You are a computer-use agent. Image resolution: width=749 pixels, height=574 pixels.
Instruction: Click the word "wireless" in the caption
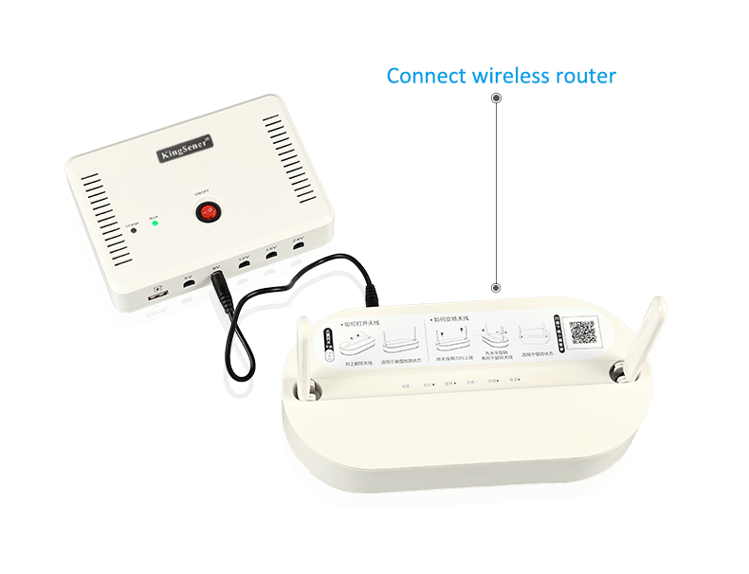tap(510, 76)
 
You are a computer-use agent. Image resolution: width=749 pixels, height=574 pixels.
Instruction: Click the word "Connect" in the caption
tap(426, 76)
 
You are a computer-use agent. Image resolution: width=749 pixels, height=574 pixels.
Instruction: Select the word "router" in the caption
tap(588, 76)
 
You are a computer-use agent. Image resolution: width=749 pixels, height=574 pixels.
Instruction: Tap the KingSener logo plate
tap(185, 150)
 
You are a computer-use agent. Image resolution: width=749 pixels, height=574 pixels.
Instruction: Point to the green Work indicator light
tap(153, 224)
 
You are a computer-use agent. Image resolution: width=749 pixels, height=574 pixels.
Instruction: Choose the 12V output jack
tap(244, 264)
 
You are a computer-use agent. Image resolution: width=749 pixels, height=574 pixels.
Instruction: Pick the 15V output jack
tap(271, 256)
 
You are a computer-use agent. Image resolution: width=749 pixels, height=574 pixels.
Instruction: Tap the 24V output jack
tap(298, 247)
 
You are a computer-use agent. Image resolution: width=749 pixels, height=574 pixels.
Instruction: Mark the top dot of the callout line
tap(495, 98)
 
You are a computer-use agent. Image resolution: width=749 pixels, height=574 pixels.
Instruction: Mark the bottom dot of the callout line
tap(495, 286)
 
